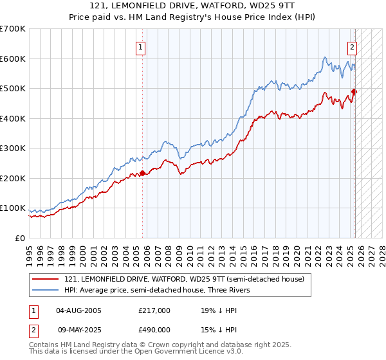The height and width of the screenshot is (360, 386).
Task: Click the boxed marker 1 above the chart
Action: pos(140,46)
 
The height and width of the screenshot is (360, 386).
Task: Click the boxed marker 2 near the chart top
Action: pos(353,46)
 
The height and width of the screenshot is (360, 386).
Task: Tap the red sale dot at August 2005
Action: pos(142,172)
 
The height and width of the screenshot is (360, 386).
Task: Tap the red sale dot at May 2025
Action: pos(354,91)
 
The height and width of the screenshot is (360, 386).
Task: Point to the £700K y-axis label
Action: pos(13,29)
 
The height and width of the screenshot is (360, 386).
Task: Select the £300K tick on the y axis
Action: pos(13,148)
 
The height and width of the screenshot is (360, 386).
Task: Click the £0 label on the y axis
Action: pos(19,238)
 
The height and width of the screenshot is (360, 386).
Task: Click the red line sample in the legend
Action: pos(46,279)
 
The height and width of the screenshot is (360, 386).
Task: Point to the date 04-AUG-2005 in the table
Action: pos(79,310)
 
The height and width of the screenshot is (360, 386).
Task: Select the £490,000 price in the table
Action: pos(154,330)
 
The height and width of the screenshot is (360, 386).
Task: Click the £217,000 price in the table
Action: pos(154,310)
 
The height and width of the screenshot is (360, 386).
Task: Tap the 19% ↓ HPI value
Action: pos(219,310)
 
